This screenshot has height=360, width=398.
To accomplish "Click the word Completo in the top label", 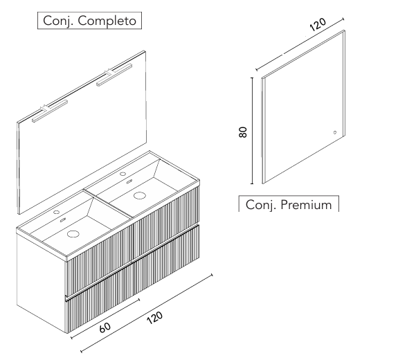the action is pos(107,21).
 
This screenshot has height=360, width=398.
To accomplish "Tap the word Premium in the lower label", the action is pos(307,205).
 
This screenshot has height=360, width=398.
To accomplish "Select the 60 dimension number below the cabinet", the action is pos(105,327).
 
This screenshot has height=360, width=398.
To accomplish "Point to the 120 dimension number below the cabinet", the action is pos(154,318).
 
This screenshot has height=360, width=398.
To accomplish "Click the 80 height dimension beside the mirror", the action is pos(243,132).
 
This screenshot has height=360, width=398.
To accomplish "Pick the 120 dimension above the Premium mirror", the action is pos(318,24).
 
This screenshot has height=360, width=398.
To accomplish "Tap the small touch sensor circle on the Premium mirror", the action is pos(335,132).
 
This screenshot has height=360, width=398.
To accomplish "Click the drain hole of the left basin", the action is pos(73,233).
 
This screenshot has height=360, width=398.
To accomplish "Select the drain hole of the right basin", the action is pos(139,195).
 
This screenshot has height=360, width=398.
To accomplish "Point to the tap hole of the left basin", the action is pos(56,212).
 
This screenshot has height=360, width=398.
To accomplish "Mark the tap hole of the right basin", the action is pos(123,174).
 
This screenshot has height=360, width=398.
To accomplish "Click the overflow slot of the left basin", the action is pos(63,220).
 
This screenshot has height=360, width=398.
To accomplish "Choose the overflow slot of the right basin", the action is pos(129,181).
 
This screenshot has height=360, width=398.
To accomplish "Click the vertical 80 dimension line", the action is pos(252,130).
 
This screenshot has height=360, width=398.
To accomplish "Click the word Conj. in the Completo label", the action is pos(58,21).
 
